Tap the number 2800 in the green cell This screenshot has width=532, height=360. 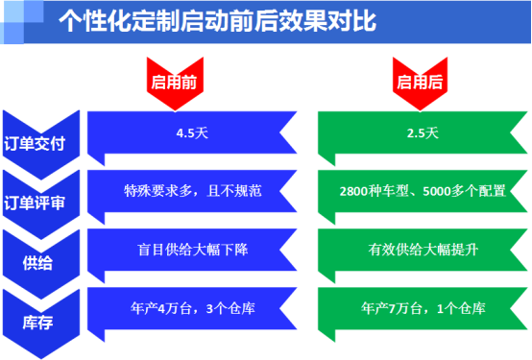[354, 189]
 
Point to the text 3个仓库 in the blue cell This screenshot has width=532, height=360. [231, 310]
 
